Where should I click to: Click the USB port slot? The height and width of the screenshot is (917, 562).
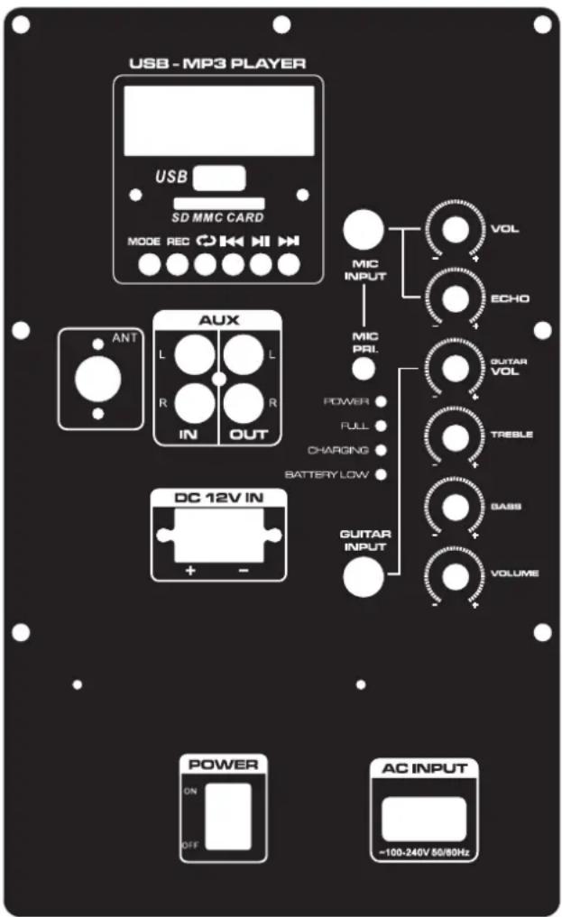[x=218, y=177]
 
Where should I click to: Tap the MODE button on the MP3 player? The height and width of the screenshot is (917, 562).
[x=150, y=264]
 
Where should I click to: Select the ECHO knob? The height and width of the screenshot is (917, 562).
[x=456, y=298]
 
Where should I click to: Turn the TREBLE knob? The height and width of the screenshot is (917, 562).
[x=456, y=436]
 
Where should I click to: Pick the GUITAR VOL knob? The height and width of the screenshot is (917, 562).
[x=456, y=366]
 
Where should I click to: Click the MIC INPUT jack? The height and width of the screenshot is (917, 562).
[x=363, y=229]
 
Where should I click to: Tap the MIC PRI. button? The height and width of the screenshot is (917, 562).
[x=364, y=368]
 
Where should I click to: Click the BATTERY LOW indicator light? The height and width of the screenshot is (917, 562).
[x=380, y=474]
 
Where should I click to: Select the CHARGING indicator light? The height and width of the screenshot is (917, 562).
[x=380, y=450]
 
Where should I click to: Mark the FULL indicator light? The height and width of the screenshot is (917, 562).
[x=380, y=425]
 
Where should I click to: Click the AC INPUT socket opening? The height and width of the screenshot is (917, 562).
[x=423, y=818]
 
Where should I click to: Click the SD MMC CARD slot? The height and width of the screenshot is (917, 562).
[x=218, y=204]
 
